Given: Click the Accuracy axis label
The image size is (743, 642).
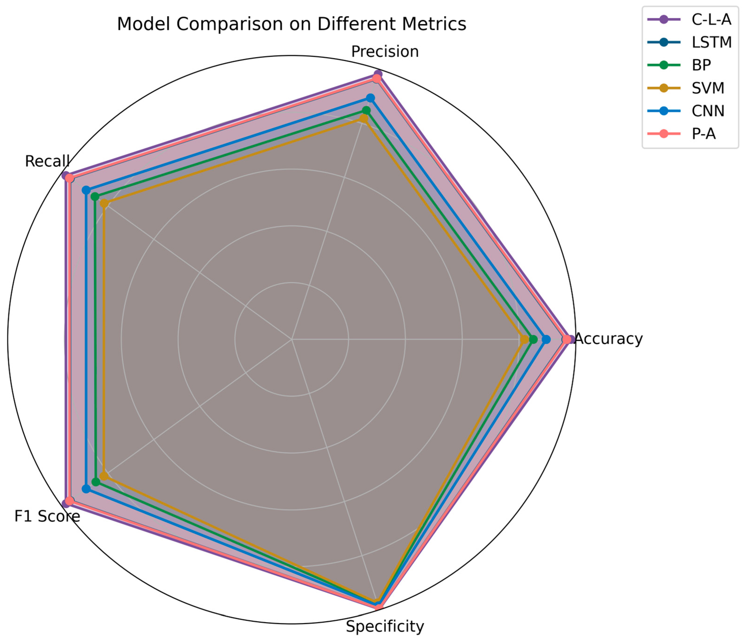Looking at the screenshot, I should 609,339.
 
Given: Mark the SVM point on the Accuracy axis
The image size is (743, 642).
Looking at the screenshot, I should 525,339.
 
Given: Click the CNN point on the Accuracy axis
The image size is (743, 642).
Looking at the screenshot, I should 546,339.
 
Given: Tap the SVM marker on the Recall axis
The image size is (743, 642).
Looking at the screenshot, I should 104,204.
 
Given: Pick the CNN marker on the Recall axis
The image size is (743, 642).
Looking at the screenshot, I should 86,190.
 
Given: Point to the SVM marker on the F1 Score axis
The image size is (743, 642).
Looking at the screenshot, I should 104,476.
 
